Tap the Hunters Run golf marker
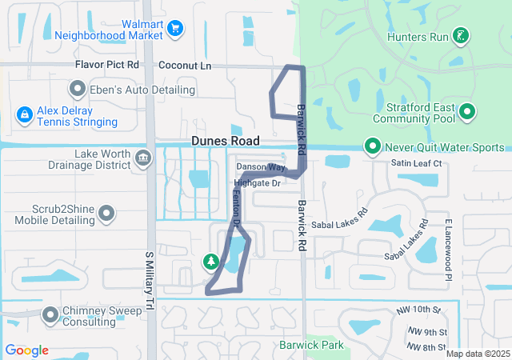[x=460, y=35]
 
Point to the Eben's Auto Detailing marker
[x=78, y=88]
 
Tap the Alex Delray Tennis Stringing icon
[x=25, y=116]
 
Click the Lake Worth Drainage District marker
[x=143, y=158]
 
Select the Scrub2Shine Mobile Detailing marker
[x=106, y=213]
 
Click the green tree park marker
[x=210, y=261]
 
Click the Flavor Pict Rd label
[x=106, y=65]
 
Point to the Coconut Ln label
[x=185, y=65]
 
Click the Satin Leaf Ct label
[x=417, y=163]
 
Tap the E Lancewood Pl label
[x=450, y=250]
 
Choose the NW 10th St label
[x=418, y=310]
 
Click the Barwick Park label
[x=311, y=346]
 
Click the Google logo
[x=26, y=350]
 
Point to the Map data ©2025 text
[x=477, y=354]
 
